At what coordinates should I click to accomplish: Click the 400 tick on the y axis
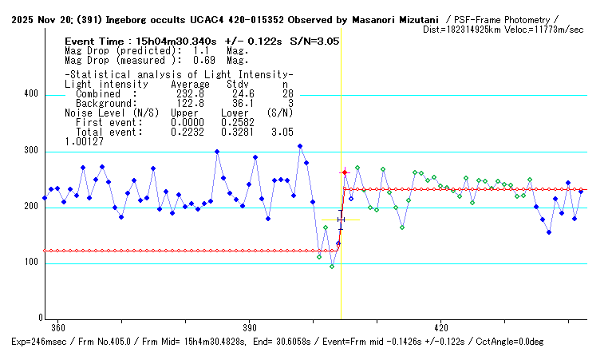click(x=30, y=94)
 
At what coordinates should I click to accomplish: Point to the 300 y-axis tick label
click(x=30, y=151)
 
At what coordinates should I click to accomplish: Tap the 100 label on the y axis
click(x=30, y=263)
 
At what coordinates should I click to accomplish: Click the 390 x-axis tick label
click(x=250, y=327)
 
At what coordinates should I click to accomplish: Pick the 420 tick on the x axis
click(x=441, y=327)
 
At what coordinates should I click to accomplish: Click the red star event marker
click(x=345, y=172)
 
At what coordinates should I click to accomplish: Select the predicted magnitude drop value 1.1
click(x=191, y=49)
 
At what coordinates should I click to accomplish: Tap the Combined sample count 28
click(x=287, y=93)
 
